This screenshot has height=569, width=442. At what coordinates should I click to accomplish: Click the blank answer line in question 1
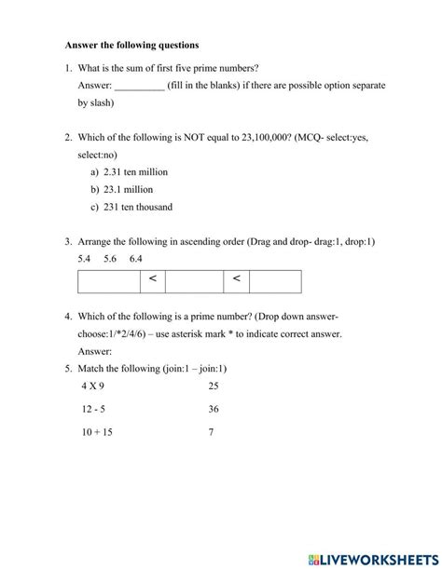pos(139,87)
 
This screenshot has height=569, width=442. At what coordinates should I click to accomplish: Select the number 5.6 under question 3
pos(111,258)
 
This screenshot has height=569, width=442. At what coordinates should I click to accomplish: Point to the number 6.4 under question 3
pos(136,258)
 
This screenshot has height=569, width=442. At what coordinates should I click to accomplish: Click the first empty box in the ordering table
pos(109,280)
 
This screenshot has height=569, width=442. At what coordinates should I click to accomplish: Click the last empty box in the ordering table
pos(275,280)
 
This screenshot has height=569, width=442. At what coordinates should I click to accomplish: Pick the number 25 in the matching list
pos(214,385)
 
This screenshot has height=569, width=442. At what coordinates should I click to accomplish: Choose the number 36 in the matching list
pos(214,408)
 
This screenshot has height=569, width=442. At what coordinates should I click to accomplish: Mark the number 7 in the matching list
pos(211,432)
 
